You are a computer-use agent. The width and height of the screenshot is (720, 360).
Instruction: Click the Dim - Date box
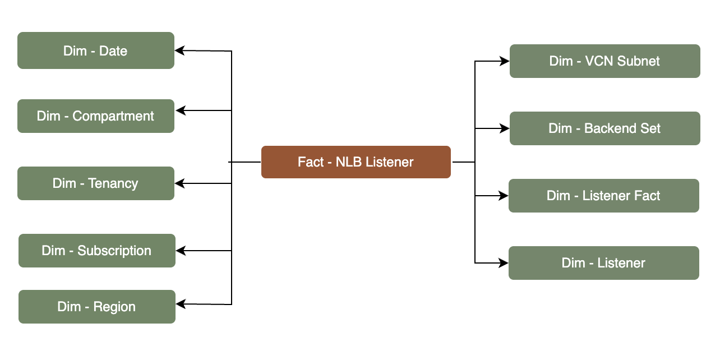[x=96, y=50]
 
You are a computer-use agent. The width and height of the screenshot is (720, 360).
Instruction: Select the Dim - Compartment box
[x=96, y=116]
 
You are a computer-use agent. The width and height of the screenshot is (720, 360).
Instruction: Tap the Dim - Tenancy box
[x=96, y=183]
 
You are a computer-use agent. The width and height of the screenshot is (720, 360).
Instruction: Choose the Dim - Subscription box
[x=97, y=251]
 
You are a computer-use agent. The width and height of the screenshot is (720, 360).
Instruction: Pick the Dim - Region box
[x=97, y=307]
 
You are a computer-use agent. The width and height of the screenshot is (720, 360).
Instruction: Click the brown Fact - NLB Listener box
[x=356, y=162]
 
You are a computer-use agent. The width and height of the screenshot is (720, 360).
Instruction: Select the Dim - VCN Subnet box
[x=604, y=61]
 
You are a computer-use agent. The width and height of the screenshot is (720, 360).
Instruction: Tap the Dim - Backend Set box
[x=604, y=128]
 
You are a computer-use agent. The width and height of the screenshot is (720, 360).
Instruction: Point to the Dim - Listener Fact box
[x=603, y=196]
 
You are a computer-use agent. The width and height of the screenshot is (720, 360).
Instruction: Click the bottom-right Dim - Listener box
[x=603, y=263]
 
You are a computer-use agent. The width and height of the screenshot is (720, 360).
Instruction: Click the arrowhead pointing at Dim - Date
[x=180, y=50]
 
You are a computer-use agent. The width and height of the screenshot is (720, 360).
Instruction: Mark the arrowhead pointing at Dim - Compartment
[x=180, y=110]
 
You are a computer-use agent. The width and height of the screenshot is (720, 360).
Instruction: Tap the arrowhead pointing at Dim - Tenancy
[x=180, y=183]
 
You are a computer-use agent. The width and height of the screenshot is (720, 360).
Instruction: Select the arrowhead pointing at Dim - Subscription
[x=181, y=251]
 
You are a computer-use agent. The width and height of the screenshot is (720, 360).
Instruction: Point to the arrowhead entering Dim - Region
[x=181, y=304]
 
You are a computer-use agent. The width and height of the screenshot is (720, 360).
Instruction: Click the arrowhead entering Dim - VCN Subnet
[x=504, y=61]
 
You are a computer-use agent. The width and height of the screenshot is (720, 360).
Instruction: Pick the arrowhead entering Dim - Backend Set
[x=504, y=128]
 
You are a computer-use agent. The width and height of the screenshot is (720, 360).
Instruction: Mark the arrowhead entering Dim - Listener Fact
[x=503, y=196]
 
